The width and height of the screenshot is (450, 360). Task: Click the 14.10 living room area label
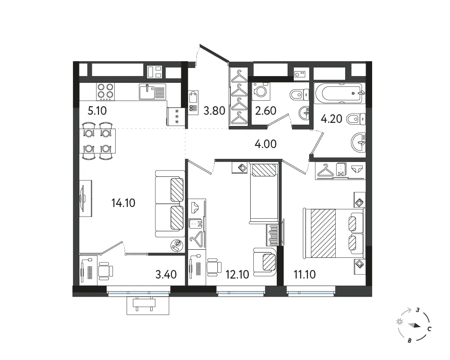(123, 203)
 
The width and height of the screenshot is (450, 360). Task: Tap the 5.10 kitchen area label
(97, 111)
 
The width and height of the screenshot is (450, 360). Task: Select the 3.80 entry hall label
(214, 111)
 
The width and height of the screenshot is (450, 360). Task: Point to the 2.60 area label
(265, 111)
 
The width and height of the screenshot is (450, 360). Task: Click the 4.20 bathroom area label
(332, 118)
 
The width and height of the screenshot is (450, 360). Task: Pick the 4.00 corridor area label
(265, 144)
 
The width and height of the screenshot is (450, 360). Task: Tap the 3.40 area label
(166, 274)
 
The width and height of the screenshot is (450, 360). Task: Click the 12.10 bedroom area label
(237, 274)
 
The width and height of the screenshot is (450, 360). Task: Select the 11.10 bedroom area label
(305, 274)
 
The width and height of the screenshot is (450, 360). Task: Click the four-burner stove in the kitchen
(105, 91)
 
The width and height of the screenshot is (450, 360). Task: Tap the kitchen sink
(153, 91)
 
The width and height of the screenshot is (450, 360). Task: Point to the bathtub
(340, 93)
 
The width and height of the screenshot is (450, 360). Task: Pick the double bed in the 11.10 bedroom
(334, 233)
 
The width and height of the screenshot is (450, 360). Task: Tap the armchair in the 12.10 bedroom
(265, 262)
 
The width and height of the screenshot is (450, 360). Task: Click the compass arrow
(415, 325)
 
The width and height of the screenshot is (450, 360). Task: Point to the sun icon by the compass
(400, 322)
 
